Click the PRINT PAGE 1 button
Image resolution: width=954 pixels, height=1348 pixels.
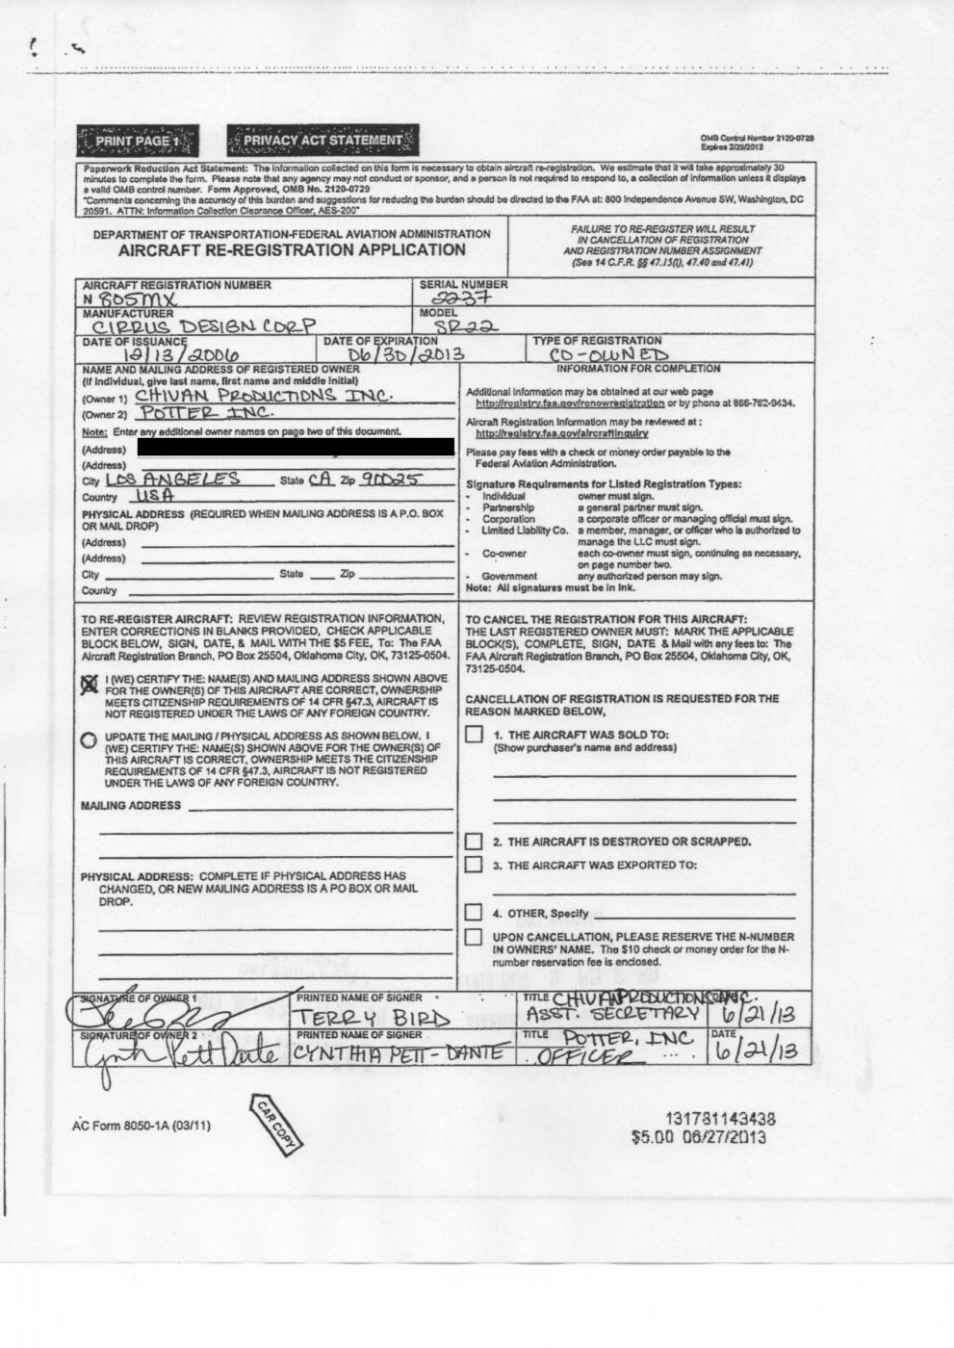click(140, 141)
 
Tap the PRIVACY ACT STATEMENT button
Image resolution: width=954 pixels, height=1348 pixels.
click(323, 141)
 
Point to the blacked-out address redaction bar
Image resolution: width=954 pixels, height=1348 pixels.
click(296, 447)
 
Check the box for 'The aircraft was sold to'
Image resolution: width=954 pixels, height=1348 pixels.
click(474, 735)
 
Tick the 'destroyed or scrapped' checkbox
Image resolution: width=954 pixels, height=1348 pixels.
click(474, 842)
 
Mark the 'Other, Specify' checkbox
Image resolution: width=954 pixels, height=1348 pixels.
click(474, 912)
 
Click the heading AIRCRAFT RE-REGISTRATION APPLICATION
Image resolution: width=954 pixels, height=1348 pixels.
click(292, 250)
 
